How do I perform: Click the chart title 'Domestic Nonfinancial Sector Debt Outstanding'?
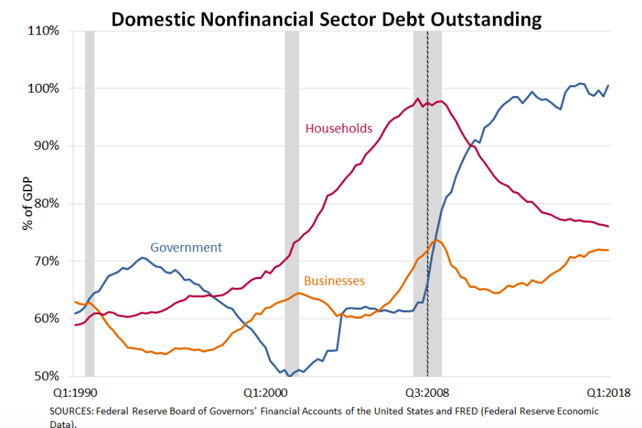tap(326, 19)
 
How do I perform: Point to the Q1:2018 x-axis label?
tap(609, 392)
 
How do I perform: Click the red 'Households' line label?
tap(338, 129)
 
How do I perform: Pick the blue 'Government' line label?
tap(186, 247)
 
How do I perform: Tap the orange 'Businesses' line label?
tap(334, 280)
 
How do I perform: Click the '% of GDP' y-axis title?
tap(29, 203)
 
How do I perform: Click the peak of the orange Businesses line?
tap(435, 240)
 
